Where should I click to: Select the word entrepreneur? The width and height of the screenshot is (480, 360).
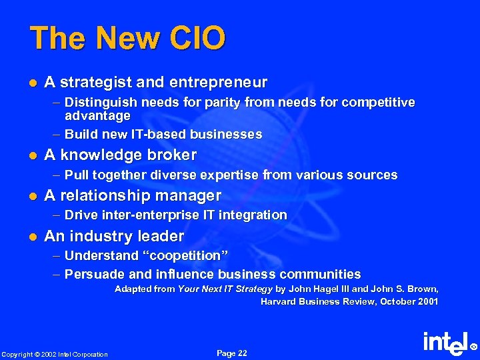219,83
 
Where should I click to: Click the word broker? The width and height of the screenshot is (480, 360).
171,155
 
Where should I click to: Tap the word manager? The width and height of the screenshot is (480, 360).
191,195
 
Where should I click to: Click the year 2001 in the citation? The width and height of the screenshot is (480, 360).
427,301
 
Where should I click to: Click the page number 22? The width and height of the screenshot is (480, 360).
241,353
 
